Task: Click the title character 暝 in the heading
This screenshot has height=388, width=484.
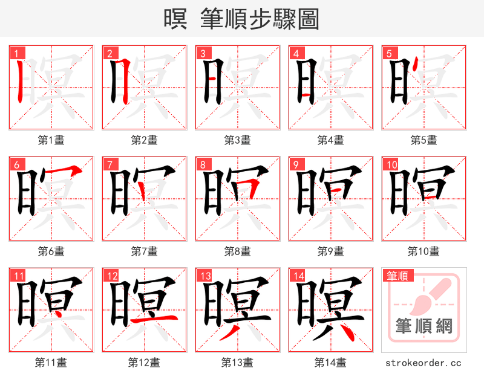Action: [x=175, y=19]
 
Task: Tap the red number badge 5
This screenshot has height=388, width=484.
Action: [x=389, y=53]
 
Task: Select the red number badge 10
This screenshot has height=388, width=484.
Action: [x=391, y=164]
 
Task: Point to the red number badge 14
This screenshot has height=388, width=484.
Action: [x=298, y=276]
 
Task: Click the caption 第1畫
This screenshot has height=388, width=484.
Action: [x=51, y=140]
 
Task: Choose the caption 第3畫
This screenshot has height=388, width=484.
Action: [x=237, y=140]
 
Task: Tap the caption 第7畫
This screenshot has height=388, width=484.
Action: [x=144, y=251]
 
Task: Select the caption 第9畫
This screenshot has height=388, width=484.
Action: [x=330, y=251]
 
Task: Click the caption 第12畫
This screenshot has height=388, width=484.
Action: [x=144, y=362]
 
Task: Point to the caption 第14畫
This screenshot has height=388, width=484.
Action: [x=330, y=362]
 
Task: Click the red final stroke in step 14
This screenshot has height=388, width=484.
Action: [x=345, y=331]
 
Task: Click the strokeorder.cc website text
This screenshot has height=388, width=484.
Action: [x=423, y=363]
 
